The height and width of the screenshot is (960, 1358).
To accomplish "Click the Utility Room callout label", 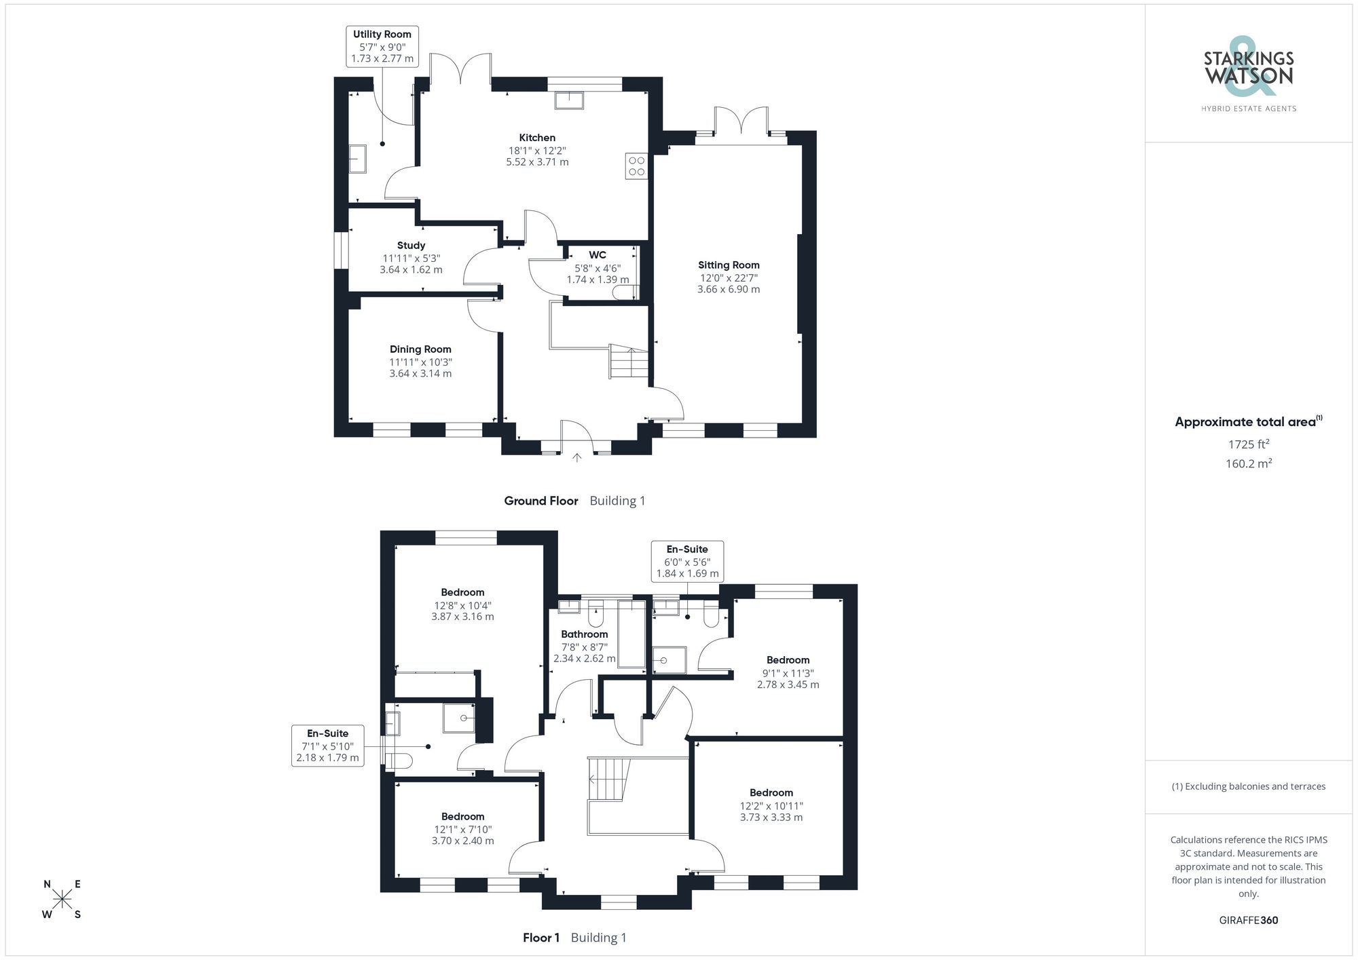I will coord(382,46).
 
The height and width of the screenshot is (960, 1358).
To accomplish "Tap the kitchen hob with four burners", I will coord(636,166).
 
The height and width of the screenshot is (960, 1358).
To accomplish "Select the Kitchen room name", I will coord(537,138).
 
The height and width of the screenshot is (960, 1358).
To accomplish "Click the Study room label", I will coord(411,246).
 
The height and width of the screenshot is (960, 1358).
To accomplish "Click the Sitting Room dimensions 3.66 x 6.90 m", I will coord(728,289).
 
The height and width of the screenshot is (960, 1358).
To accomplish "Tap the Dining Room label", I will coord(420,349).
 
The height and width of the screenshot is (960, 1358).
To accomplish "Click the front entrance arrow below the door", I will coord(576,458).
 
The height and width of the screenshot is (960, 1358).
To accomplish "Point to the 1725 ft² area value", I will coord(1248,444).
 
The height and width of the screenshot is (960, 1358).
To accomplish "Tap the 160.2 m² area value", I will coord(1248,464).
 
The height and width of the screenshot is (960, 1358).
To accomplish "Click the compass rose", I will coord(62,900).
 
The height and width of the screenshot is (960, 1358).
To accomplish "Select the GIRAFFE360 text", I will coord(1248,921).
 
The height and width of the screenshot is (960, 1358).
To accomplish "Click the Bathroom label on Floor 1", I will coord(584,634).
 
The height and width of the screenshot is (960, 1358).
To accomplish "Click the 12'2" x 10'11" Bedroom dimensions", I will coord(771,806).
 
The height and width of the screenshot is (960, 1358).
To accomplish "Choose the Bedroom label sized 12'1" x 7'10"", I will coord(462,817).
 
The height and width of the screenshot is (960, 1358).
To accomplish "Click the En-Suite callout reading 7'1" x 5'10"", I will coord(327,745).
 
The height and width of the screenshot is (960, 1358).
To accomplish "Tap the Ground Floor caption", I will coord(540,501).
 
